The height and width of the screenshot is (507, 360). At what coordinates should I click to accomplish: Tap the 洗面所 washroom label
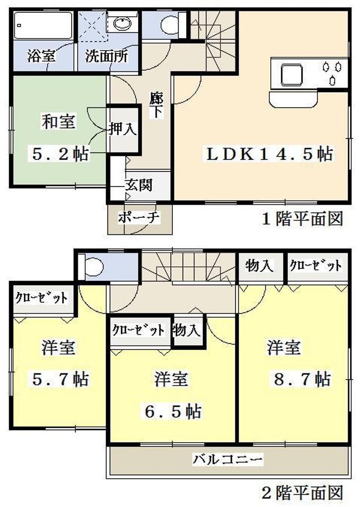(106, 55)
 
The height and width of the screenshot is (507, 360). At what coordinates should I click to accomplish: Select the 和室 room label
(58, 122)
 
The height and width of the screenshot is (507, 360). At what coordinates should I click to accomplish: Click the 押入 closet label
(122, 130)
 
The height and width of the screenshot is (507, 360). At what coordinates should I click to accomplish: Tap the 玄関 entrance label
(138, 185)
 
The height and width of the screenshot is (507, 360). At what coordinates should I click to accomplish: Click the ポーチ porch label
(139, 217)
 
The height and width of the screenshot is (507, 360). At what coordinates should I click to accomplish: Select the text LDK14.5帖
(269, 154)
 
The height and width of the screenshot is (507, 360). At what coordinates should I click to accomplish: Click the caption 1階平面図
(302, 218)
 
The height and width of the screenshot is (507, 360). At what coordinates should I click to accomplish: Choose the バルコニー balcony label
(227, 459)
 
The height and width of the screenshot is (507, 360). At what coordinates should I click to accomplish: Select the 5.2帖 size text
(60, 154)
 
